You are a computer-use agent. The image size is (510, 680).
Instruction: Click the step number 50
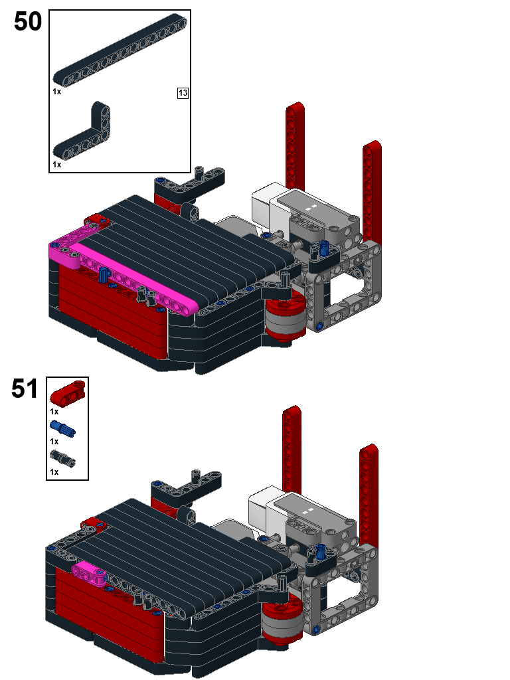pos(28,21)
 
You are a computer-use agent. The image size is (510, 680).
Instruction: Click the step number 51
pos(25,388)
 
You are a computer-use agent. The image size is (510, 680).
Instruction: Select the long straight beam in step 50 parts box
pos(120,50)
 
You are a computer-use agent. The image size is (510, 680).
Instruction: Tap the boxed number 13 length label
pos(183,93)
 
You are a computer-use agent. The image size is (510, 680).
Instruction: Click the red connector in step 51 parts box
pos(68,394)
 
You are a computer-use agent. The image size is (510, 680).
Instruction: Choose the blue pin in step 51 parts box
pos(62,428)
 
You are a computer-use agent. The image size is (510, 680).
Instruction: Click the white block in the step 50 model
pos(270,204)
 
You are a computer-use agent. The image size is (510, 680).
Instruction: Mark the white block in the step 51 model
pos(266,507)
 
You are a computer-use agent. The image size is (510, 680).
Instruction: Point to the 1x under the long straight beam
pos(57,92)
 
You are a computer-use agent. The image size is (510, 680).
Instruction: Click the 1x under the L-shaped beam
pos(57,165)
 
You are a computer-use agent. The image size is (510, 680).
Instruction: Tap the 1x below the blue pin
pos(54,442)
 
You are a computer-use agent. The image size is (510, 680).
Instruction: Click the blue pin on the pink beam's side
pos(103,275)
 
